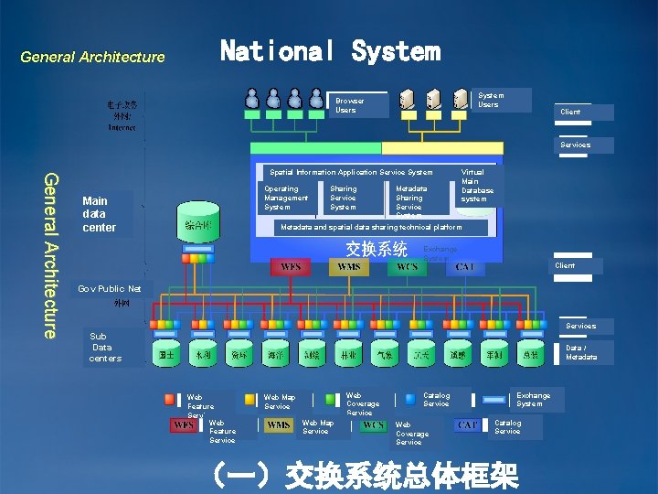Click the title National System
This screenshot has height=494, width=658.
coord(330,51)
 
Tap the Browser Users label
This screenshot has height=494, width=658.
coord(349,105)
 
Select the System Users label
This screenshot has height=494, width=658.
coord(491,100)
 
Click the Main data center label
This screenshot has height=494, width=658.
coord(100,214)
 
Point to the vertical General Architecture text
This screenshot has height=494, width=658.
coord(54,254)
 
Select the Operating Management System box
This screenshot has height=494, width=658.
coord(286,198)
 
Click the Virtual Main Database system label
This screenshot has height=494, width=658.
coord(476,185)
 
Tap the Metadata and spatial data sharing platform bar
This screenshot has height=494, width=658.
coord(370,227)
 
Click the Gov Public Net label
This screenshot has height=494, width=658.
coord(110,289)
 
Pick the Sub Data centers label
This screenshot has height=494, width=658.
coord(104,348)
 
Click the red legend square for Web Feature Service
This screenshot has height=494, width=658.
coord(170,399)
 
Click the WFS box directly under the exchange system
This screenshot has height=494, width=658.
coord(291,266)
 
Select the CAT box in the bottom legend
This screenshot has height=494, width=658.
coord(468,425)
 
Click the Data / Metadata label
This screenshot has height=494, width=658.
coord(581,352)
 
